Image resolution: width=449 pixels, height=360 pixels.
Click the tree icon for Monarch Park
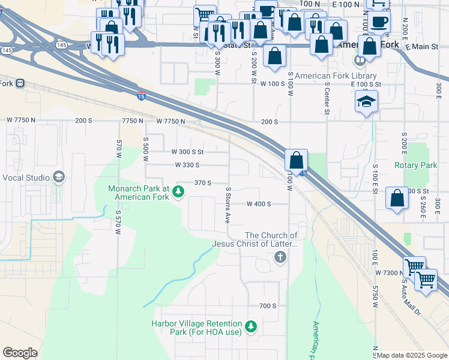[178, 192]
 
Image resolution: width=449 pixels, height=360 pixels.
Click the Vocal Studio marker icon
[59, 177]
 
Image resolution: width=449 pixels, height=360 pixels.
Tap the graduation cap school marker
[366, 102]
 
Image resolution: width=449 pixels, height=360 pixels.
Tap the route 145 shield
[61, 44]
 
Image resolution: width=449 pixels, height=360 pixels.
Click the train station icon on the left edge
[20, 83]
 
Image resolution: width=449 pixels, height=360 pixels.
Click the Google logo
[20, 353]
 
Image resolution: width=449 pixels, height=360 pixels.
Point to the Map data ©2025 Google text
[412, 356]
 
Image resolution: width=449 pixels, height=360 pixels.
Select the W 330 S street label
[187, 165]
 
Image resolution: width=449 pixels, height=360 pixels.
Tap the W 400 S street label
[259, 204]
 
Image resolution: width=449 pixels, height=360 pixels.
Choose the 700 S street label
[268, 306]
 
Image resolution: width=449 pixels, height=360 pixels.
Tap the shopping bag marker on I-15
[296, 161]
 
